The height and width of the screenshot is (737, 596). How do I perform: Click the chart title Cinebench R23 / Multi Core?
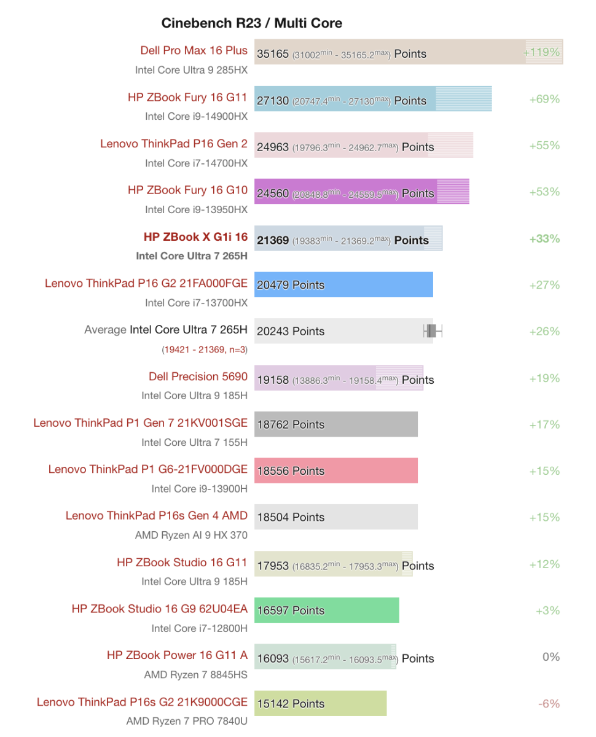click(251, 23)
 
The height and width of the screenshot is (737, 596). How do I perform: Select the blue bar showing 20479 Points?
click(343, 285)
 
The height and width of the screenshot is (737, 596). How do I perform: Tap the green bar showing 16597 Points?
click(326, 610)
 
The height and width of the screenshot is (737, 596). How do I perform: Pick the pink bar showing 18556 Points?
click(335, 471)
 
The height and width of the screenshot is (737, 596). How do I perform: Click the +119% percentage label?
click(541, 52)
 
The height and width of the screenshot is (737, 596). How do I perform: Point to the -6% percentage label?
click(549, 703)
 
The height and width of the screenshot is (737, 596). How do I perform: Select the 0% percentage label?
click(551, 657)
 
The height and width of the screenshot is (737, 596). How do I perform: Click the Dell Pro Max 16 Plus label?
click(194, 50)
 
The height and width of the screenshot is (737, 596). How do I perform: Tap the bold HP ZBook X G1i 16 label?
click(195, 236)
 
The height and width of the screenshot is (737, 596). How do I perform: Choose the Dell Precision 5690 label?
click(198, 376)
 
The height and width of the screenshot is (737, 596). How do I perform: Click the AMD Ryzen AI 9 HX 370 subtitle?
click(191, 535)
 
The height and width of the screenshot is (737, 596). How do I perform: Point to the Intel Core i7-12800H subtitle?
click(199, 628)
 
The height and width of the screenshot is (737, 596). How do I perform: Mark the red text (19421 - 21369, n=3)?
click(205, 349)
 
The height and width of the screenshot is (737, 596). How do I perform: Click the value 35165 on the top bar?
click(273, 54)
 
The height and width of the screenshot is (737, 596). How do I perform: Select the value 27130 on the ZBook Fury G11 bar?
click(273, 101)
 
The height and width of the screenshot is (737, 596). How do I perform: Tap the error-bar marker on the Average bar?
click(432, 332)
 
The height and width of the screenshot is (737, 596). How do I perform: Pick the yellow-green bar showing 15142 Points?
click(320, 704)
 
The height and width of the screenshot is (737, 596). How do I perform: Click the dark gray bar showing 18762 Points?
click(335, 424)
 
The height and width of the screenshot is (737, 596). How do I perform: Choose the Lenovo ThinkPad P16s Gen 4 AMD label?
click(157, 515)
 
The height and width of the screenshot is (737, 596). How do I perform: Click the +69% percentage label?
click(544, 99)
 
